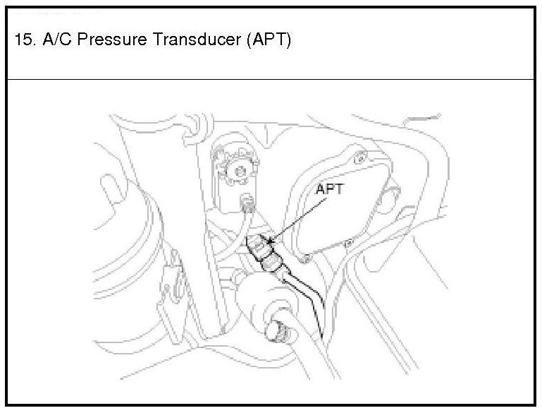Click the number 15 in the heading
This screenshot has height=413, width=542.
coord(22,41)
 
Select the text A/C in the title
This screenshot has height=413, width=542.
coord(49,41)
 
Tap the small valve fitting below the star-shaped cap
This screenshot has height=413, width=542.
coord(247,205)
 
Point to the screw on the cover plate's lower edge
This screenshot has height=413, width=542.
coord(346,243)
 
